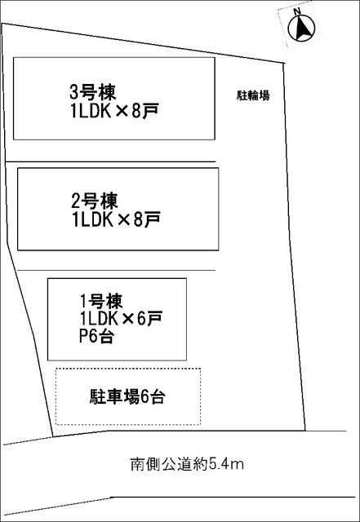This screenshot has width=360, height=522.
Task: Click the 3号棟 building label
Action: point(93,92)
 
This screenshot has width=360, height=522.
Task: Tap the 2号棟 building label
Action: point(95,201)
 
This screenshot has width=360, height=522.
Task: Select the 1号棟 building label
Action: point(101,301)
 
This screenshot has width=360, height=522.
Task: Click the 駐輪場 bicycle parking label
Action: point(253,95)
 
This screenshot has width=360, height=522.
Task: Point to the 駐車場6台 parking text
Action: point(127,396)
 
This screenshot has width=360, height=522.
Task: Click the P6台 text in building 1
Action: point(96,335)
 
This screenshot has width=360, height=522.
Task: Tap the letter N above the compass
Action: point(297,11)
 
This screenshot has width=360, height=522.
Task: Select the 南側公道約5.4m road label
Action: point(187,464)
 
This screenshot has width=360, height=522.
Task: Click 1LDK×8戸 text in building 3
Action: point(114,111)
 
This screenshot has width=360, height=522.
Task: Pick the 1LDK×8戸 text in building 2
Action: point(116,219)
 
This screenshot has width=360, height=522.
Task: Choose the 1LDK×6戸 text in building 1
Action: point(121,319)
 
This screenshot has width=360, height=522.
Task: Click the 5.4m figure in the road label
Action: point(226,464)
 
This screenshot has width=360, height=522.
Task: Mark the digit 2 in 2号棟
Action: point(76,201)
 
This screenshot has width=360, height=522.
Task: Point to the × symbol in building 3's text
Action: point(122,112)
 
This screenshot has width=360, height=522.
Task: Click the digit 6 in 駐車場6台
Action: point(144,397)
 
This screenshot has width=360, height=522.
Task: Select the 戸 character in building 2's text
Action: point(152,219)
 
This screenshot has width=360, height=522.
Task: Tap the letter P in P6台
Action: point(83,335)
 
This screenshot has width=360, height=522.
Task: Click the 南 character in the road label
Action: point(136,464)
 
